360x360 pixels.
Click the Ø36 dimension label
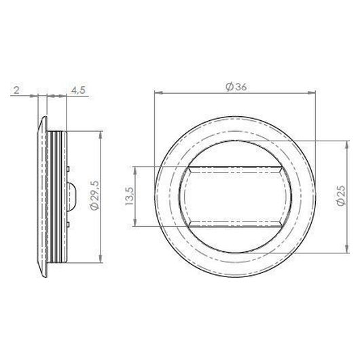[236, 87]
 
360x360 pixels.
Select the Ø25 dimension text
[341, 196]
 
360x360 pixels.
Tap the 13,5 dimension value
[129, 196]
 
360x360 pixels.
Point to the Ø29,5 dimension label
[94, 196]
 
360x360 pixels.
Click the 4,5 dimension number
[78, 90]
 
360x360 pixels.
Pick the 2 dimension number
[16, 90]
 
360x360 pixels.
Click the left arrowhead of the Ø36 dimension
[158, 93]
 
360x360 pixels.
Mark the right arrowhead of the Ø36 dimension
[312, 93]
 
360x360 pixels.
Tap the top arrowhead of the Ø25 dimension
[347, 145]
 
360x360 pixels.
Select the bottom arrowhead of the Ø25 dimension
[347, 249]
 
